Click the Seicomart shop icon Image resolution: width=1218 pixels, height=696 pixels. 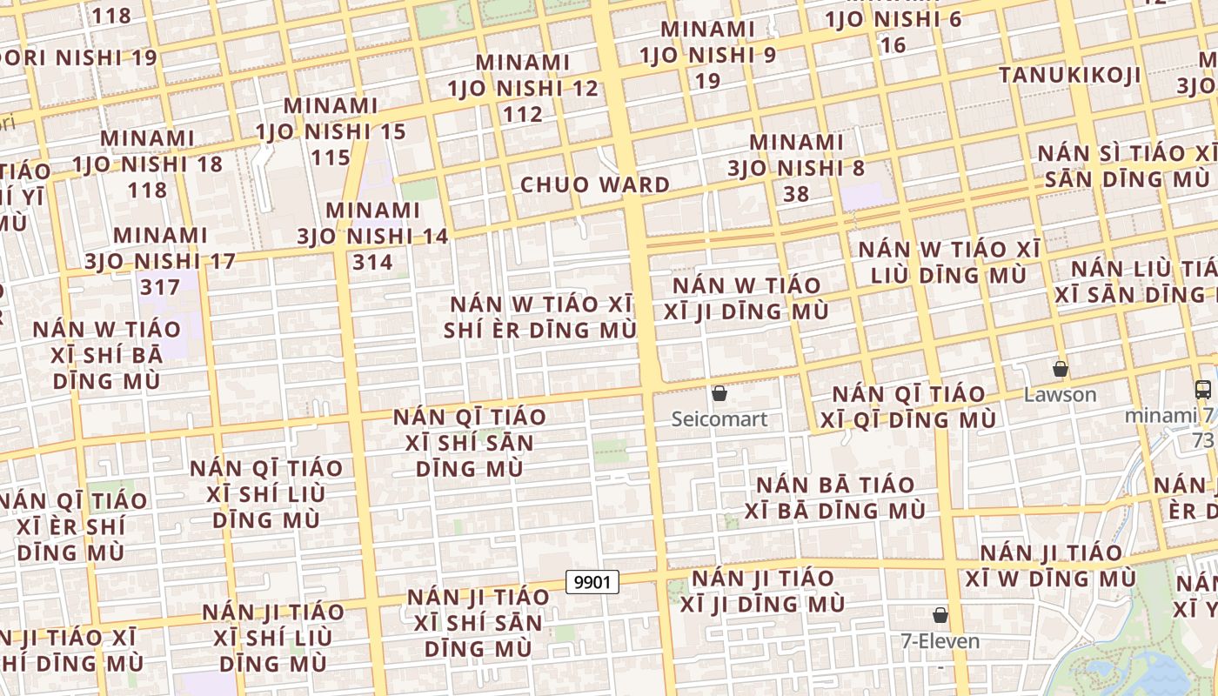point(719,393)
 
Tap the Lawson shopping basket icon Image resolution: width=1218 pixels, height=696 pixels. point(1060,369)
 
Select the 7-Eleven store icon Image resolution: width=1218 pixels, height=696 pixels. point(940,615)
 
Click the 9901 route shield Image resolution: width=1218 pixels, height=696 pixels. point(592,581)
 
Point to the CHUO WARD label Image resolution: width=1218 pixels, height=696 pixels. point(595,185)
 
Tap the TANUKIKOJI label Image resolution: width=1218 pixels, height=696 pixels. point(1069,75)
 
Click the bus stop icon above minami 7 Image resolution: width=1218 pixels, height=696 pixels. point(1203,389)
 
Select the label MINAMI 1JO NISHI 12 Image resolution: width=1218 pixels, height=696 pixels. point(523,88)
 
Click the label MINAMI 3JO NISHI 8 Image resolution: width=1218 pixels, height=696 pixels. point(796,167)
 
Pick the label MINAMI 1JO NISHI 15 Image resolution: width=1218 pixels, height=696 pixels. point(331,131)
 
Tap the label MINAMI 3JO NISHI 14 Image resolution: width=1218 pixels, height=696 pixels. point(372,236)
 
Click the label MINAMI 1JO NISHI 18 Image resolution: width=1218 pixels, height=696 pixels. point(147,164)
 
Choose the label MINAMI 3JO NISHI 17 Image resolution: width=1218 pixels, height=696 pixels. point(160,260)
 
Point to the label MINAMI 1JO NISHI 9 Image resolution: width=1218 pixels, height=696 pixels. point(707,55)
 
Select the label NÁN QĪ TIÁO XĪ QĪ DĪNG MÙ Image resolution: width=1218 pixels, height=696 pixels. point(908,407)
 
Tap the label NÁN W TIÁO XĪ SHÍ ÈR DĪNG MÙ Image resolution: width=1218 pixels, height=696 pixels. point(540,318)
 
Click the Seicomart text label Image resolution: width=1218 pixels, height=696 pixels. point(719,419)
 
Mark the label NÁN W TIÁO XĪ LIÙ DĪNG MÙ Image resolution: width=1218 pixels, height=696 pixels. point(949,262)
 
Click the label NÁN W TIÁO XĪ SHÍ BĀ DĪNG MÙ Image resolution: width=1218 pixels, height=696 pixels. point(107,355)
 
